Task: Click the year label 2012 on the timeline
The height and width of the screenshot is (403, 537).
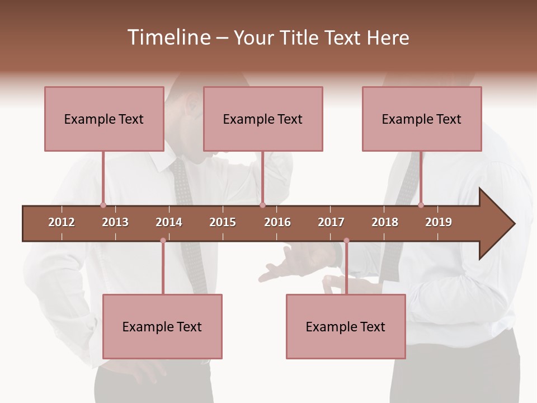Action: (x=62, y=222)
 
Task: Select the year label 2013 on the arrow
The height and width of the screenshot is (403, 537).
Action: (x=115, y=222)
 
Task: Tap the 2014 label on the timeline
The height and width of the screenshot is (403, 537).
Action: (x=169, y=222)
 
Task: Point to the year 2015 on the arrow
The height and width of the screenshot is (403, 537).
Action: (x=223, y=222)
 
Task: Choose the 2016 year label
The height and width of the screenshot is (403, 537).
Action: (x=277, y=222)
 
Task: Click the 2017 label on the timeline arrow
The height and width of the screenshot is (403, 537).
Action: (x=331, y=222)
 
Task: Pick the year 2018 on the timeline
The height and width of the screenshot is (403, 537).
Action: (x=385, y=222)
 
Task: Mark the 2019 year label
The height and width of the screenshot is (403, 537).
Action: (x=439, y=222)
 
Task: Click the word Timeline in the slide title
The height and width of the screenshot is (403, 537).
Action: (x=168, y=38)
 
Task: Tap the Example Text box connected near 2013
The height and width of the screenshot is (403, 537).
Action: (x=104, y=119)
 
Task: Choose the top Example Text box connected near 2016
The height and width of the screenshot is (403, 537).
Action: (x=263, y=119)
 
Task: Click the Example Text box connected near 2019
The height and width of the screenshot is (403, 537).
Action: (x=422, y=119)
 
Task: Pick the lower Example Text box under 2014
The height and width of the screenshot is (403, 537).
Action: (x=162, y=326)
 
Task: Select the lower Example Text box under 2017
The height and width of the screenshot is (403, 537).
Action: (x=346, y=326)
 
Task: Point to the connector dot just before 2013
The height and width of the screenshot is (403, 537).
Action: (x=103, y=205)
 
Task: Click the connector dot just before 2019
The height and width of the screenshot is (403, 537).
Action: (x=421, y=205)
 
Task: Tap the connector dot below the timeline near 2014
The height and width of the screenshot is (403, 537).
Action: (x=163, y=241)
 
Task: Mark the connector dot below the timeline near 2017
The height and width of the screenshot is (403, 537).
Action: (x=346, y=241)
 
